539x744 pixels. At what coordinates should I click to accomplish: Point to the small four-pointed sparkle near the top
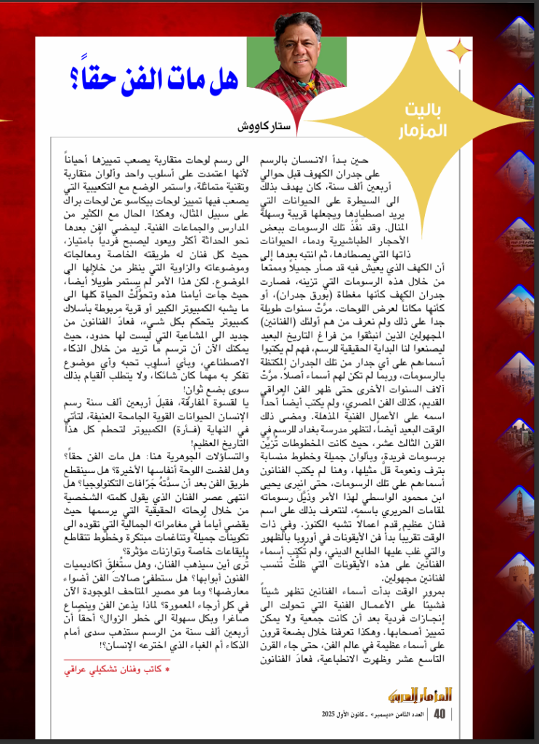tap(458, 50)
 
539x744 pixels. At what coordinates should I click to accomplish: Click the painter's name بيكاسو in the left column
tap(195, 199)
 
